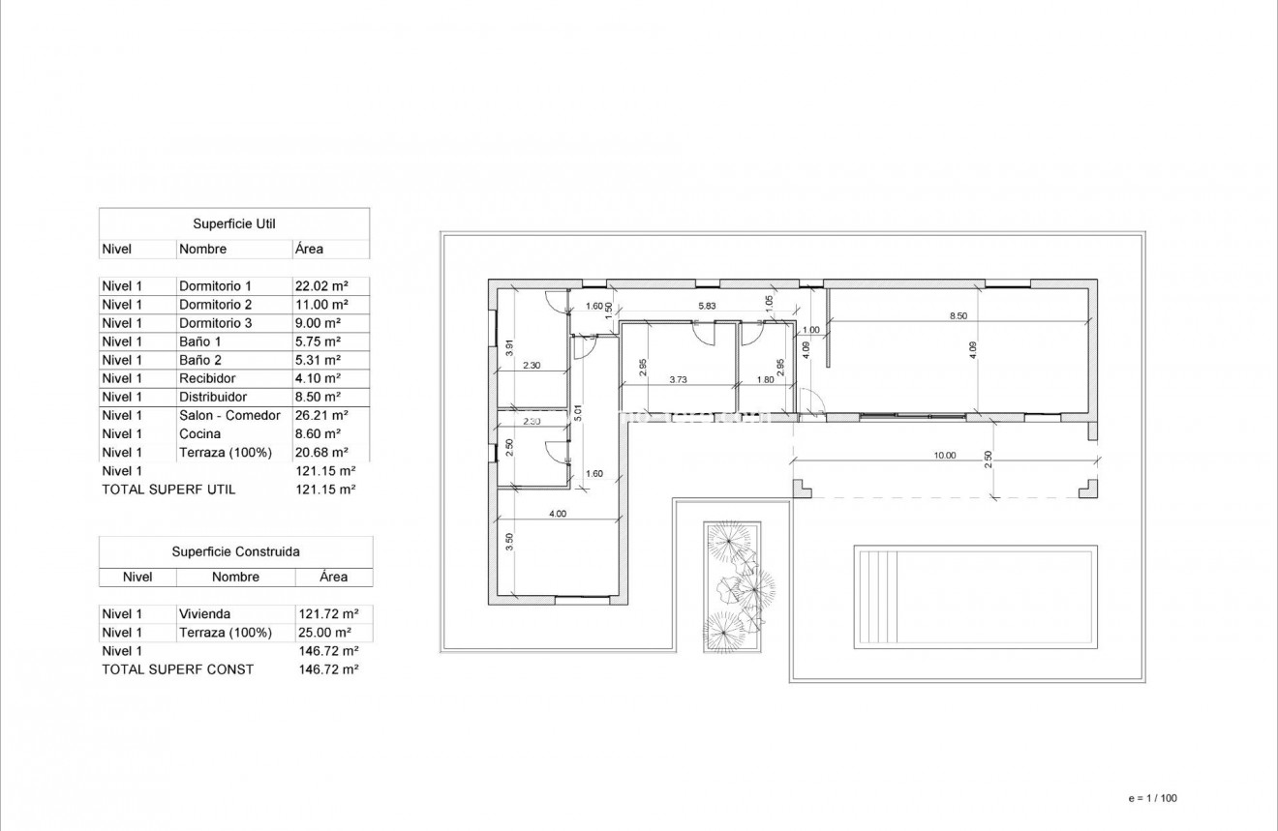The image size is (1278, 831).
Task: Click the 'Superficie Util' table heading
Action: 234,224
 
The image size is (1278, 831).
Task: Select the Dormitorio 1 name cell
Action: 215,286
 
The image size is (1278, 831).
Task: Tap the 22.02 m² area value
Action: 320,286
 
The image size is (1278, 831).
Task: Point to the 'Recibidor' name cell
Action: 207,378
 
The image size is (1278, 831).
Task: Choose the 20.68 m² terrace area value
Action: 320,452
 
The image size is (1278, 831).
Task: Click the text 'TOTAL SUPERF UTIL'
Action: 168,490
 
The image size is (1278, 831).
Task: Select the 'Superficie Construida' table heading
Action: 235,552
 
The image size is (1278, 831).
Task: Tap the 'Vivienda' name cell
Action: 204,613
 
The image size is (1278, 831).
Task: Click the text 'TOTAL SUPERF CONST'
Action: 177,669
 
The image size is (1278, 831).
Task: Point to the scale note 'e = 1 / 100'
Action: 1152,798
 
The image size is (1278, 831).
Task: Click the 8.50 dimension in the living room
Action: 958,315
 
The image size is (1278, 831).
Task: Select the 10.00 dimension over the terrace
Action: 944,455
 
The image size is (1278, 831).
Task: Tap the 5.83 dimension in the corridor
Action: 708,306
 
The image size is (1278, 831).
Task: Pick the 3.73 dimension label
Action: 678,380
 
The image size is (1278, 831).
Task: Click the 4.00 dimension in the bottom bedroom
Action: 557,514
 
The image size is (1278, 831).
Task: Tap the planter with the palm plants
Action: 732,584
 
